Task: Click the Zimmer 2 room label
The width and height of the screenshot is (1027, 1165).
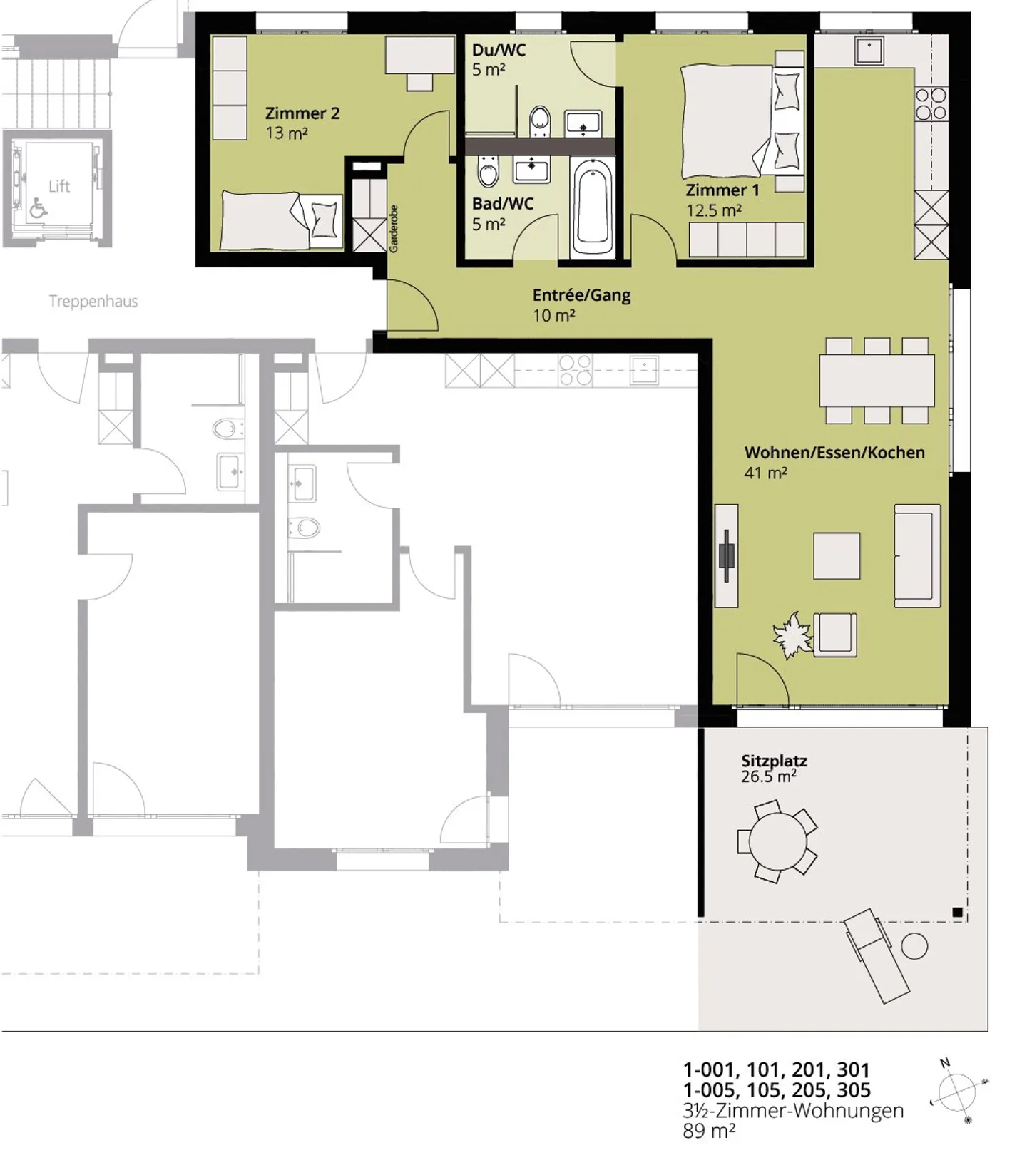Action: (302, 113)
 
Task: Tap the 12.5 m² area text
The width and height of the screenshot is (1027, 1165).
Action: (713, 211)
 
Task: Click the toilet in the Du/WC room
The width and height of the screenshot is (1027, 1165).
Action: (540, 121)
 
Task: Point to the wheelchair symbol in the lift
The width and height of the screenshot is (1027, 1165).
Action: (38, 208)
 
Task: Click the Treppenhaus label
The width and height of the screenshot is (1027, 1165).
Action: (93, 302)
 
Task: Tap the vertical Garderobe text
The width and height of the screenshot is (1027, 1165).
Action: (394, 229)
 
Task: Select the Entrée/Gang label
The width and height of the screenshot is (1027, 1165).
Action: (581, 295)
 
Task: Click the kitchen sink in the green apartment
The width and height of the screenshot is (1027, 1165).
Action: (869, 51)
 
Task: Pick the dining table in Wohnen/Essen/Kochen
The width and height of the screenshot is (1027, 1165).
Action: (876, 380)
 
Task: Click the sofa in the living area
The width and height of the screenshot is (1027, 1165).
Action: (917, 555)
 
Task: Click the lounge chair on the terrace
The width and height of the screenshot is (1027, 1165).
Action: (876, 956)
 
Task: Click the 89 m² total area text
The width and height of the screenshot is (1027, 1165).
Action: (708, 1131)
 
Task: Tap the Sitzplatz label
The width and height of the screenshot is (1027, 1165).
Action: (774, 761)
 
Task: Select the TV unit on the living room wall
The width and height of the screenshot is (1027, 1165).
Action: (727, 555)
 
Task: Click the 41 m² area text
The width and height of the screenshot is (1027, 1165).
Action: (765, 473)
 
